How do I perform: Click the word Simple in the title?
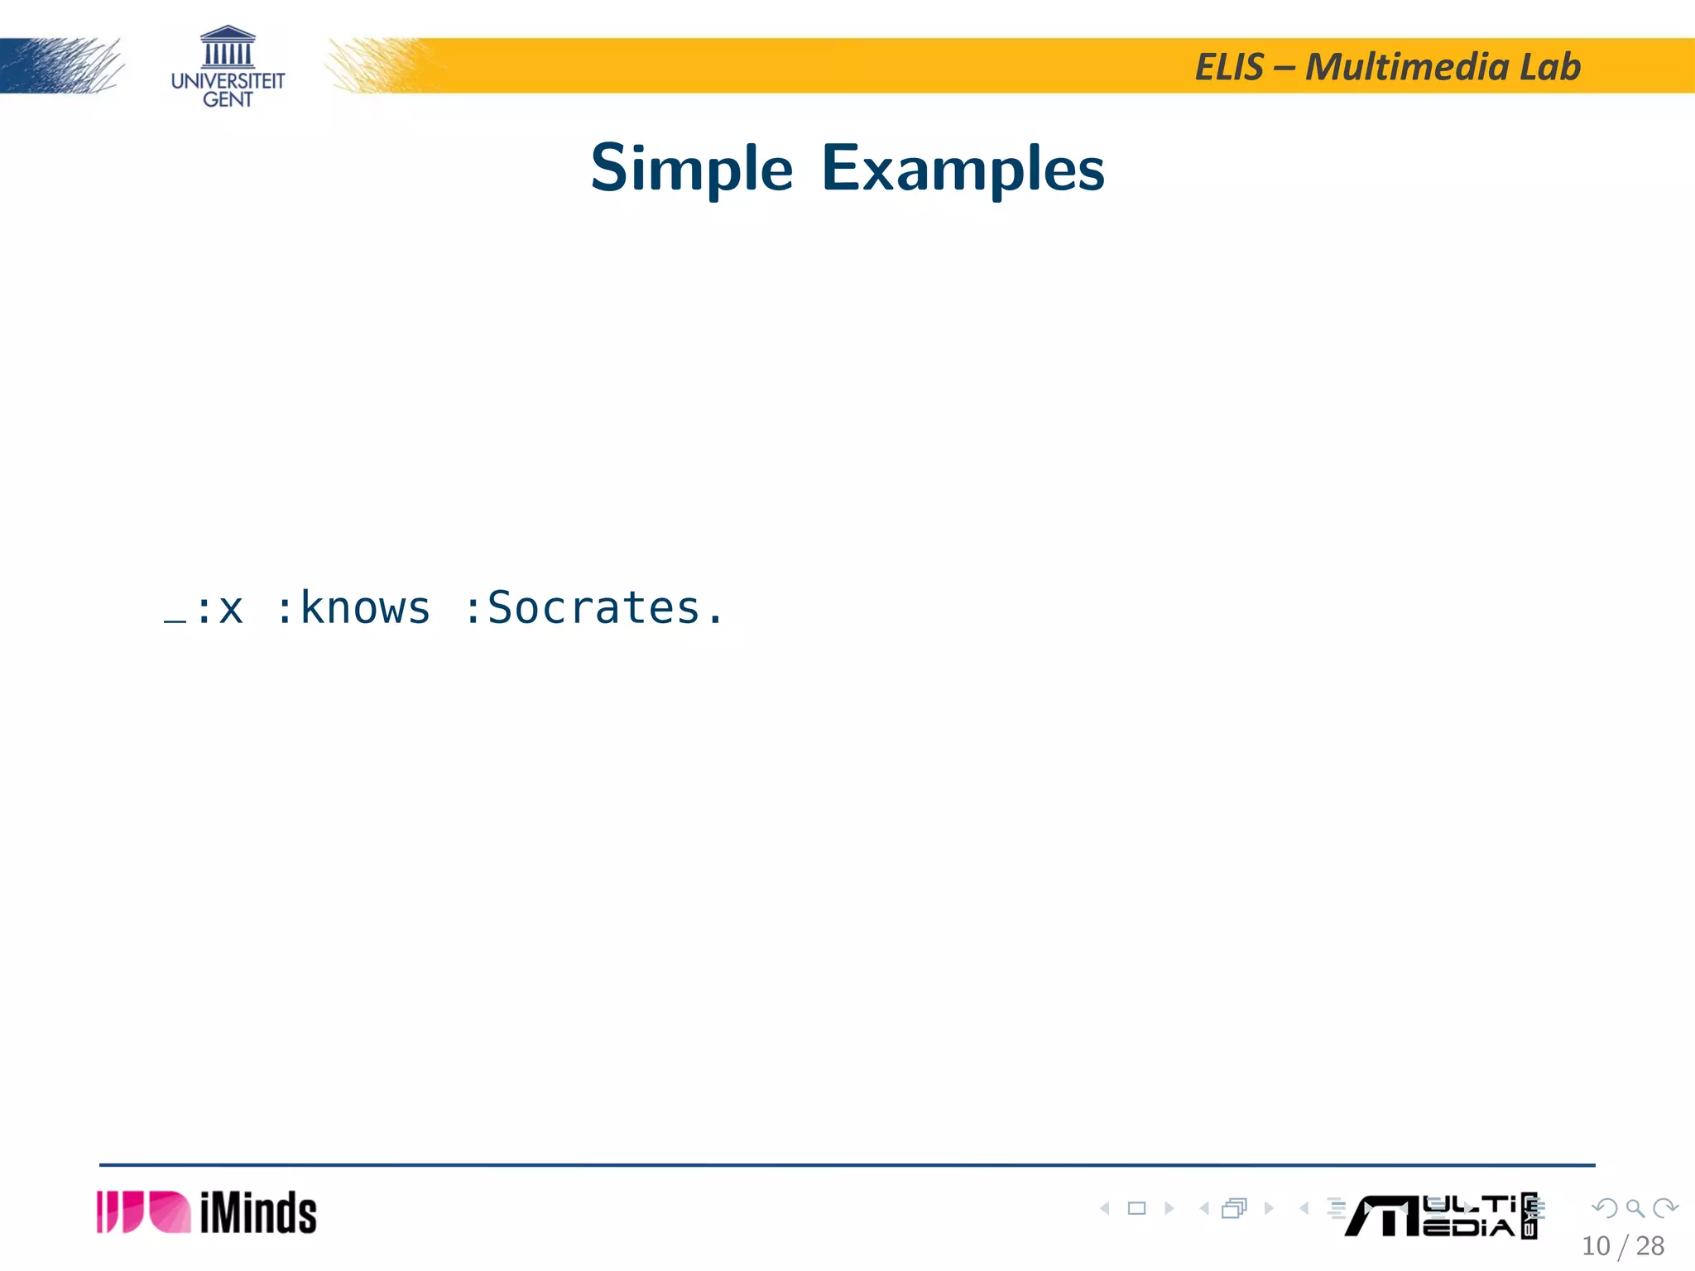click(691, 169)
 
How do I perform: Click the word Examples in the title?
click(963, 169)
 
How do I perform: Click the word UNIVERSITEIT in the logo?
click(228, 81)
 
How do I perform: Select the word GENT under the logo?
click(228, 100)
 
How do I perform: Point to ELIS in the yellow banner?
click(1230, 67)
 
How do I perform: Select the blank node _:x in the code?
click(204, 610)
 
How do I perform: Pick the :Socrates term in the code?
click(593, 608)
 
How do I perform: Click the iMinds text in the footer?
click(258, 1213)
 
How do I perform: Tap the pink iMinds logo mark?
click(143, 1212)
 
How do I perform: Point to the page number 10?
click(1596, 1246)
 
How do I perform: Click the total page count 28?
click(1650, 1246)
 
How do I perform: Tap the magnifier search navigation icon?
click(1635, 1209)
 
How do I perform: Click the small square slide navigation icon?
click(1137, 1209)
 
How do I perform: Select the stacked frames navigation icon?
click(1234, 1209)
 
